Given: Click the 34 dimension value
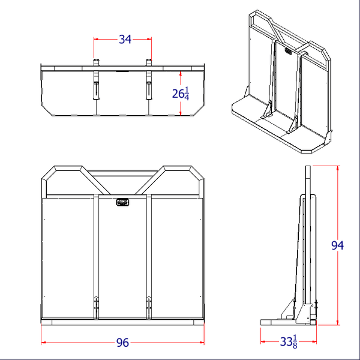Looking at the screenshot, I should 125,40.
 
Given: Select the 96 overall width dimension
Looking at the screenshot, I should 122,343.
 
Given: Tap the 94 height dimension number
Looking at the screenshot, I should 338,245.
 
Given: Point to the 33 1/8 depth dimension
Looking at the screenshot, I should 288,343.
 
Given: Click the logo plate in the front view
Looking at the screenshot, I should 122,203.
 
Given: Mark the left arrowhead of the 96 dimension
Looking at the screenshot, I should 44,343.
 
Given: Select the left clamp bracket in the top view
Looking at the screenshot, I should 96,84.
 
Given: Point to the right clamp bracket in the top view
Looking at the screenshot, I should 148,84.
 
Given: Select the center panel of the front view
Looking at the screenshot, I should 122,258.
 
